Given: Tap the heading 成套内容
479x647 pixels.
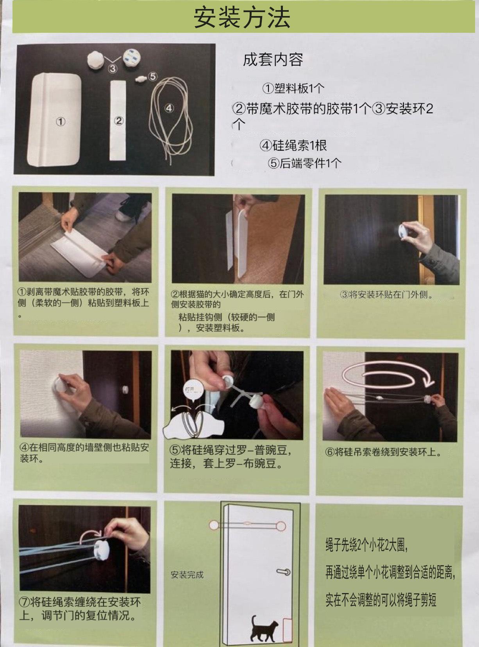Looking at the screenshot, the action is [273, 59].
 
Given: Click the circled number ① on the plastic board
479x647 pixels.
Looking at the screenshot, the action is [61, 122].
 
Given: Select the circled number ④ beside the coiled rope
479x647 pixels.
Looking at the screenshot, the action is [169, 108].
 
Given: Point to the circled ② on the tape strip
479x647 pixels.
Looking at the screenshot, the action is [118, 120].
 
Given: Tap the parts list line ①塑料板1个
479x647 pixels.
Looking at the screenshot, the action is [293, 88].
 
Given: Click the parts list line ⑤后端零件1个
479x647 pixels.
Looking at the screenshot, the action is [304, 163].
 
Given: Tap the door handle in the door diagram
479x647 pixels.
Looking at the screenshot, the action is [283, 572].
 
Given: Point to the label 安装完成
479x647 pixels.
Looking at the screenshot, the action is [187, 573].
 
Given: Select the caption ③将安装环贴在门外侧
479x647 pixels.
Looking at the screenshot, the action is [387, 295].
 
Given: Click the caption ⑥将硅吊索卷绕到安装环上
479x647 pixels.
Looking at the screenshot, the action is [383, 452].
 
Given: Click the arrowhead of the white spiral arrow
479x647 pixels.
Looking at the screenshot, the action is [429, 381].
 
